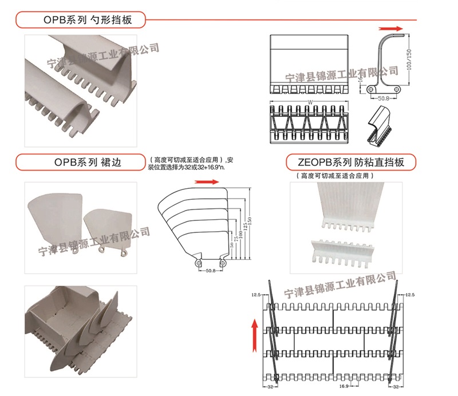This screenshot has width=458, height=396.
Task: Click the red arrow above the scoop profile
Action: tap(391, 27)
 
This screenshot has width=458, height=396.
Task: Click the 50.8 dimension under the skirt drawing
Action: tap(210, 272)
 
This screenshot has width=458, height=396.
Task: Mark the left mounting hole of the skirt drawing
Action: tap(198, 262)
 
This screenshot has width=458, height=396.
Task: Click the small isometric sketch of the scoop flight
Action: tap(380, 122)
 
